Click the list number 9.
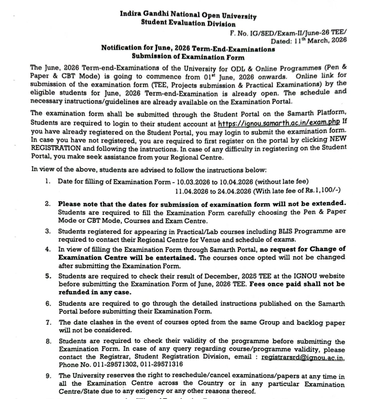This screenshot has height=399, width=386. pos(48,375)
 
